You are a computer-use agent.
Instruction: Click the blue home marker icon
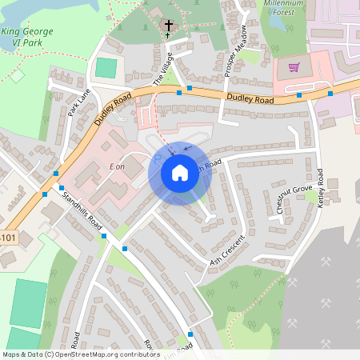tap(180, 173)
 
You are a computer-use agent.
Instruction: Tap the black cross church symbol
tap(169, 29)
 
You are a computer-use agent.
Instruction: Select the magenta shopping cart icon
tap(294, 67)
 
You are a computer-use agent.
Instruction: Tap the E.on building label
tap(117, 166)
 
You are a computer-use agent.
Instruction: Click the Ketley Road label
tap(320, 189)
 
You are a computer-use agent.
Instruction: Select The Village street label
tap(162, 75)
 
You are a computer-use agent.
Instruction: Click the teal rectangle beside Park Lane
tap(106, 68)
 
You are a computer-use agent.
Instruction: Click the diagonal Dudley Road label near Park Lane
tap(111, 108)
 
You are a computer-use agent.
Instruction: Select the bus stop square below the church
tap(190, 88)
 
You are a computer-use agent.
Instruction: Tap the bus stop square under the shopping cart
tap(298, 94)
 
